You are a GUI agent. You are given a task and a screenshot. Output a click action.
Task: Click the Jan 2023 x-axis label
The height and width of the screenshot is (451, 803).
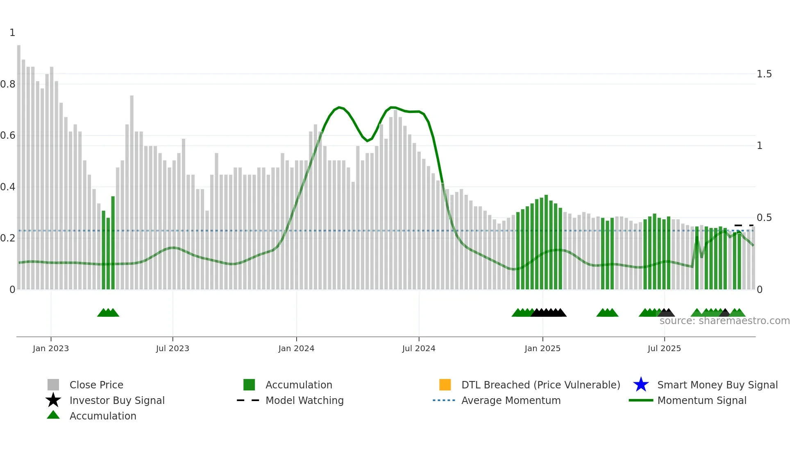pos(51,348)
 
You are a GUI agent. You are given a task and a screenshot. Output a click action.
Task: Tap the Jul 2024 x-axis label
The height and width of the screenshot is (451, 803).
pos(419,348)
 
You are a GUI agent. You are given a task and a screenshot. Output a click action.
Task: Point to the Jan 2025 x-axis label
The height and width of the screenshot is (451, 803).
pos(542,348)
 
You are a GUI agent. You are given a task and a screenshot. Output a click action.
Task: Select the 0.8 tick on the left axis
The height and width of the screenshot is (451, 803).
pos(8,84)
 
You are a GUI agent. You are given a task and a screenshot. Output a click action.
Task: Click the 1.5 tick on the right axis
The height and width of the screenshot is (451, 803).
pos(764,74)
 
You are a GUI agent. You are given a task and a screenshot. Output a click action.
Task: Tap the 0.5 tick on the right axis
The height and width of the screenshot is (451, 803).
pos(764,218)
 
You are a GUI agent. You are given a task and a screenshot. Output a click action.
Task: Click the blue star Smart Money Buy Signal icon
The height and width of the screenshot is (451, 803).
pos(641,385)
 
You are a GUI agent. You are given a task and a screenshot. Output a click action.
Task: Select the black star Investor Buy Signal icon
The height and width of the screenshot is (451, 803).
pos(53,400)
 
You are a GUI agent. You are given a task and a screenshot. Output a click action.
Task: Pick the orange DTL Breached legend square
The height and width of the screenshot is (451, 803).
pos(445,385)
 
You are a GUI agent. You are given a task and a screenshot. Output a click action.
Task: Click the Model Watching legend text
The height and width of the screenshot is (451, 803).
pos(304,400)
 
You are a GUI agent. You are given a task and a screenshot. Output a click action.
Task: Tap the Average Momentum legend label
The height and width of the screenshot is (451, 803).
pos(511,400)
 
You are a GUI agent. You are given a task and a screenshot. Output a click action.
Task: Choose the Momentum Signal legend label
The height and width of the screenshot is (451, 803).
pos(702,400)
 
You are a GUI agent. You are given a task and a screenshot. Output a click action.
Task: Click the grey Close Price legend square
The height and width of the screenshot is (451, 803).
pos(53,385)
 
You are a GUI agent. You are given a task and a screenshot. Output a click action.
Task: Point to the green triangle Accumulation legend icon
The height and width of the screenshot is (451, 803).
pos(53,415)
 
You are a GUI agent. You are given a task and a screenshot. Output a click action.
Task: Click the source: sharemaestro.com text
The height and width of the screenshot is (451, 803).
pos(724,321)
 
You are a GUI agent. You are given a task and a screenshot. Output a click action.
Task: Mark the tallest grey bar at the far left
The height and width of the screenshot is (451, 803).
pos(19,164)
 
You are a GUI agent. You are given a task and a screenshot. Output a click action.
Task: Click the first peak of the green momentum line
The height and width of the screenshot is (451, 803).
pos(339,107)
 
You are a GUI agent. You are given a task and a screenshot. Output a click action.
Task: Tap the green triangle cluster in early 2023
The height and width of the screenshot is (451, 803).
pos(108,313)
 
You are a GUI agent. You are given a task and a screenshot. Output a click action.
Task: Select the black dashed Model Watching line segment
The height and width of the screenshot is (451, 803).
pos(744,226)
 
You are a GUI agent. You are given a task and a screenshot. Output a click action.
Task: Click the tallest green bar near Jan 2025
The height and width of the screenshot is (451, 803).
pos(546,241)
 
